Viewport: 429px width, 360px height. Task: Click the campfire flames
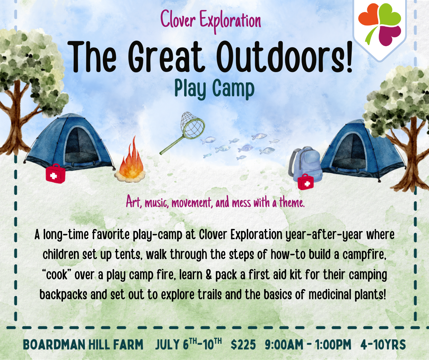coord(131,161)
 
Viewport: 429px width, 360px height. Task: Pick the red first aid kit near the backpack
coord(305,182)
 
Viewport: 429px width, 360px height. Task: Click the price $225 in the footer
coord(243,345)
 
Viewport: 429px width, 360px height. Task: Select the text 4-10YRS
coord(383,345)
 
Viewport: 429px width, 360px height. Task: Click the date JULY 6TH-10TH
coord(188,344)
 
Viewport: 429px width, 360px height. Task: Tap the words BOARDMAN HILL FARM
coord(83,345)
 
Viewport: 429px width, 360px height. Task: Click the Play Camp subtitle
coord(214,89)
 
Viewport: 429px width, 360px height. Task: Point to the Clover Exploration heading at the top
coord(211,20)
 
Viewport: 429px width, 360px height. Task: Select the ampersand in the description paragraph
coord(208,275)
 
